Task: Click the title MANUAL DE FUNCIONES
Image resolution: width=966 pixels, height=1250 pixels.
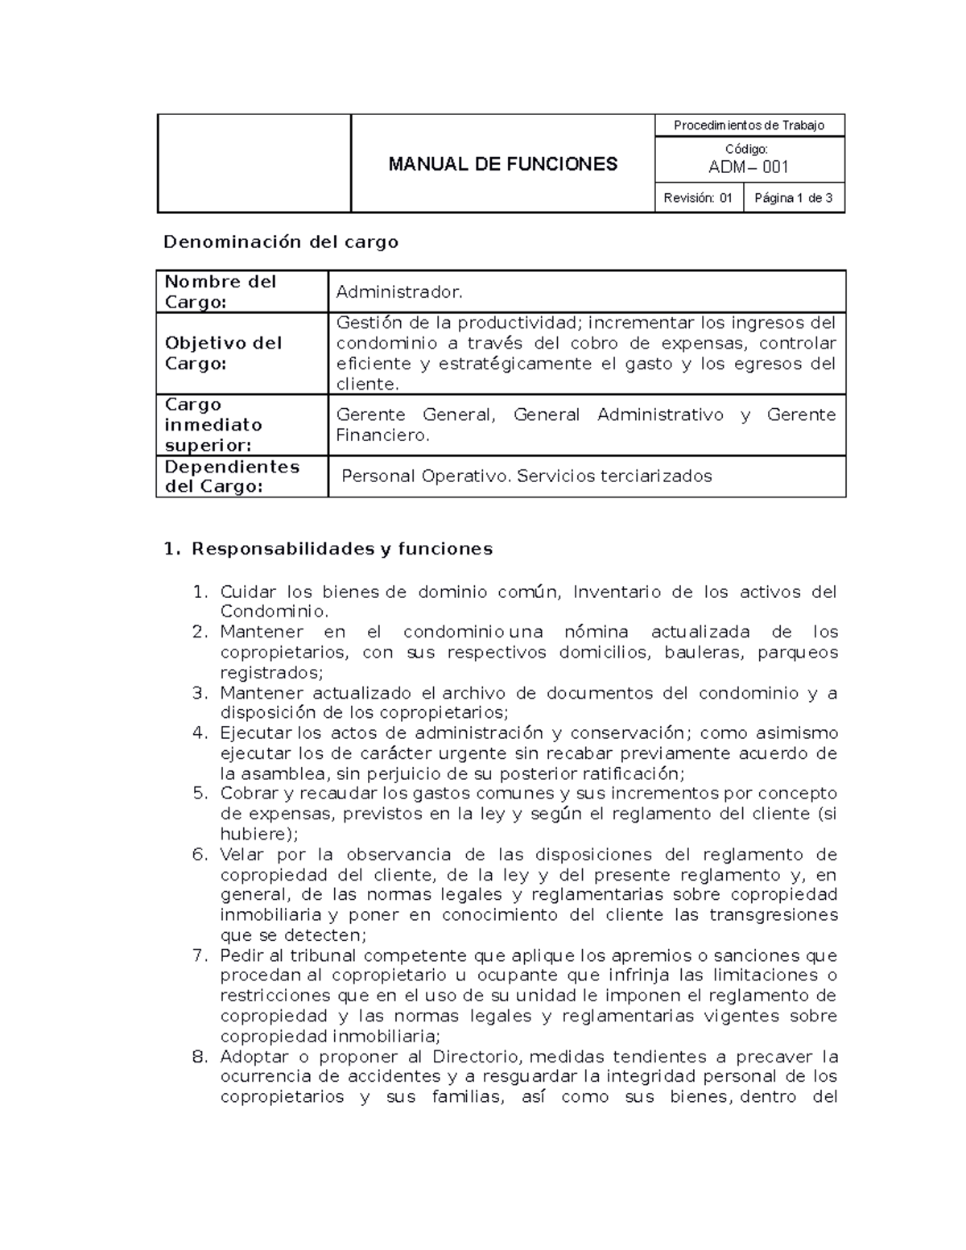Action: [502, 164]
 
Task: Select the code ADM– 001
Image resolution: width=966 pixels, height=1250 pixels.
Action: [748, 167]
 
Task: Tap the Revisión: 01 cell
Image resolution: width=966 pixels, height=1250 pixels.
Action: [698, 198]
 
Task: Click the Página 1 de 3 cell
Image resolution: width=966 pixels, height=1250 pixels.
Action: [793, 198]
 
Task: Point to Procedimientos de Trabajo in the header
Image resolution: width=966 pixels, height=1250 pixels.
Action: [749, 126]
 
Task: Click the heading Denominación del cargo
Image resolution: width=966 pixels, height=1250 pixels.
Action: [281, 242]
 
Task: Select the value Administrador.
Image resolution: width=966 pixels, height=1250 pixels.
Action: [399, 291]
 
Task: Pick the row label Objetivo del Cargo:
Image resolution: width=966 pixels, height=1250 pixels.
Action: [223, 353]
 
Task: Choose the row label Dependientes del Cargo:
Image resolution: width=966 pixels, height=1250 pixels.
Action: [232, 476]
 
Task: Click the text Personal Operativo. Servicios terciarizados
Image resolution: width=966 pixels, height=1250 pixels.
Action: [526, 476]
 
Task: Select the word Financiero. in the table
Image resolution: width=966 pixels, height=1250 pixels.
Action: [382, 435]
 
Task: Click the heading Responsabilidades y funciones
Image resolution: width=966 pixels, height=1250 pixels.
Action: [341, 549]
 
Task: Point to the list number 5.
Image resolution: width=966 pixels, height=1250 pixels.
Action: [200, 794]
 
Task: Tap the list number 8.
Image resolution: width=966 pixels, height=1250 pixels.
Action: [200, 1057]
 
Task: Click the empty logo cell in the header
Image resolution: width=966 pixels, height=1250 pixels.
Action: [254, 163]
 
